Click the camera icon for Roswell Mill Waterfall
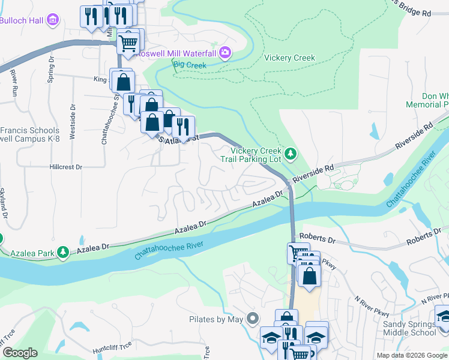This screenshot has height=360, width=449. (224, 53)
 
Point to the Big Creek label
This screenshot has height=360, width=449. (190, 65)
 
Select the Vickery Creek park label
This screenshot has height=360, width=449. (289, 58)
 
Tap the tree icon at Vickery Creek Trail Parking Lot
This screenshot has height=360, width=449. (291, 154)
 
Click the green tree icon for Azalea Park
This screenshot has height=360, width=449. (63, 254)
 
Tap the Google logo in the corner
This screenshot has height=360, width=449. (20, 353)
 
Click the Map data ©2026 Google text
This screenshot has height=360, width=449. (412, 355)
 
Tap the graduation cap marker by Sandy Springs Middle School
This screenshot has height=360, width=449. (443, 317)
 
